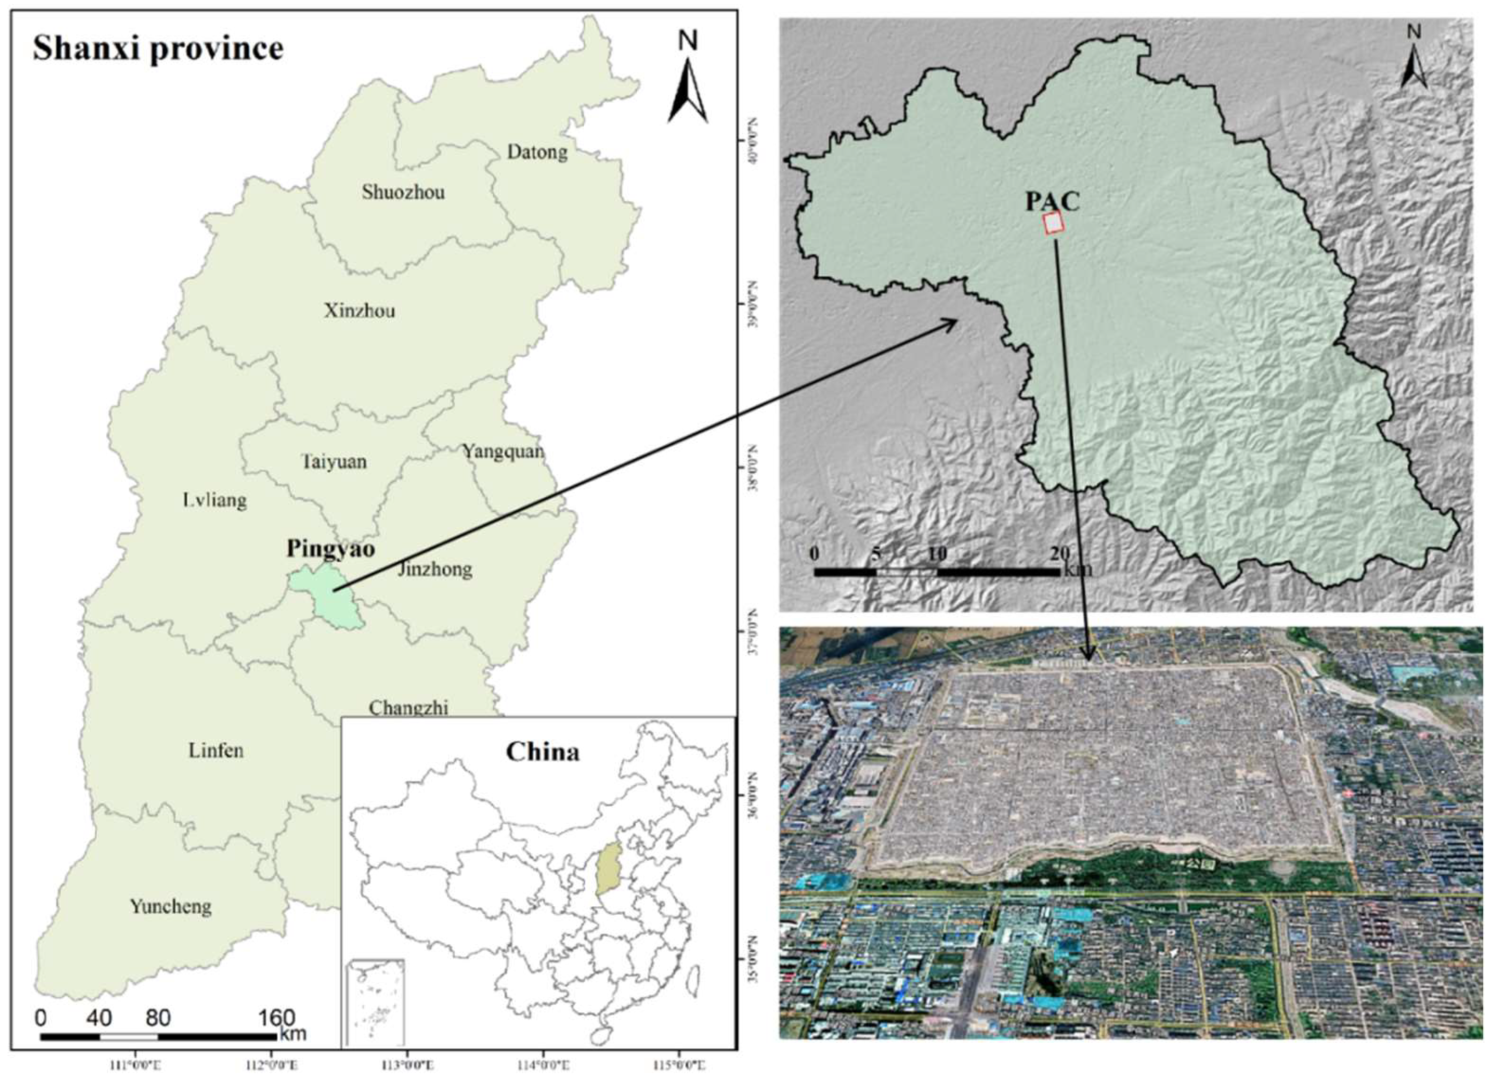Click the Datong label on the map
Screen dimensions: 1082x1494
pos(537,152)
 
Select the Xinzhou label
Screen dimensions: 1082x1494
pos(360,310)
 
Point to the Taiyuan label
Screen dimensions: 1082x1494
pos(334,461)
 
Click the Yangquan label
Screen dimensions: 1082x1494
pos(503,452)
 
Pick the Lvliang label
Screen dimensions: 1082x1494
pos(215,501)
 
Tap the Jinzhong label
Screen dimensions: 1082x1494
pos(435,569)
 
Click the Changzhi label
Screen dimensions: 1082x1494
pos(408,708)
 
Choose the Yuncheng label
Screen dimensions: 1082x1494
pos(171,907)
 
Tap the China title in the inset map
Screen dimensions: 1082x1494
pos(543,752)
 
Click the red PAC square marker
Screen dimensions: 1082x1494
pos(1054,224)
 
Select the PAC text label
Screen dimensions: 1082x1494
pos(1052,201)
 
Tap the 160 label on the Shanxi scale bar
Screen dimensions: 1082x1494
pos(275,1018)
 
